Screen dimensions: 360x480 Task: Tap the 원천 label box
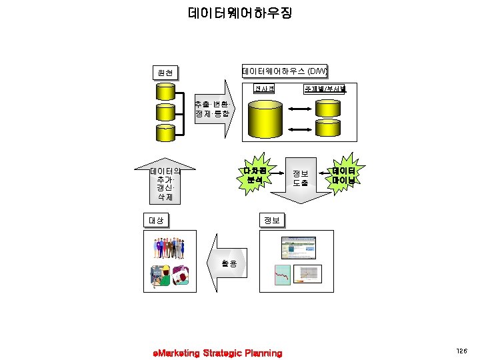(164, 72)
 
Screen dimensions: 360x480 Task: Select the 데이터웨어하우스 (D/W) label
(285, 71)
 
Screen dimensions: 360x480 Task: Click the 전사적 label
(264, 89)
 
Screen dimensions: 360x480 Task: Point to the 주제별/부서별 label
(324, 89)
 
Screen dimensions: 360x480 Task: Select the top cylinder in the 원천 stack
(164, 94)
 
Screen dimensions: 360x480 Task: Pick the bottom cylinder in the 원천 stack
(164, 132)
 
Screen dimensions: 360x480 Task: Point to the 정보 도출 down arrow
(300, 178)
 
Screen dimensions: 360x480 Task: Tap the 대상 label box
(155, 219)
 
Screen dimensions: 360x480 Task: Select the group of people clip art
(171, 249)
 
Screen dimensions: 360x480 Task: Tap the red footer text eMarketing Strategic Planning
(217, 353)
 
